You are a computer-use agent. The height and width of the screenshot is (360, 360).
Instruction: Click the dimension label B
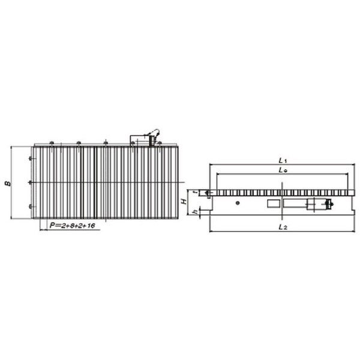pyautogui.click(x=6, y=182)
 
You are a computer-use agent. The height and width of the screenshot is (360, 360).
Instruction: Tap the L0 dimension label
pyautogui.click(x=283, y=172)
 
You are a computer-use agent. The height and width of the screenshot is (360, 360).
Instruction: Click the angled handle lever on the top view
pyautogui.click(x=154, y=134)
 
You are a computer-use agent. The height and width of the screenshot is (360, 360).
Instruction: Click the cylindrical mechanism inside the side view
pyautogui.click(x=318, y=205)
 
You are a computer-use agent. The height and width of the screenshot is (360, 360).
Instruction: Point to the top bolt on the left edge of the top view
pyautogui.click(x=31, y=158)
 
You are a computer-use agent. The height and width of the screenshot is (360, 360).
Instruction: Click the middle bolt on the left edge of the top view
pyautogui.click(x=31, y=182)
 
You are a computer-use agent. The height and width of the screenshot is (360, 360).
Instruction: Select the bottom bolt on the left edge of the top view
pyautogui.click(x=31, y=207)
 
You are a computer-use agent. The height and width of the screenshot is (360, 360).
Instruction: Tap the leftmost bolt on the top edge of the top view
pyautogui.click(x=53, y=143)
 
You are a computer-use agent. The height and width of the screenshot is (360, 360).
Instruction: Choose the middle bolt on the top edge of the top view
pyautogui.click(x=79, y=143)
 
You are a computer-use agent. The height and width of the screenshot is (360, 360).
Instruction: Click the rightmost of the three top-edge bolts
pyautogui.click(x=106, y=143)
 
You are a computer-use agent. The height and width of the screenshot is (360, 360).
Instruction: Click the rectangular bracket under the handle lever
pyautogui.click(x=139, y=142)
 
